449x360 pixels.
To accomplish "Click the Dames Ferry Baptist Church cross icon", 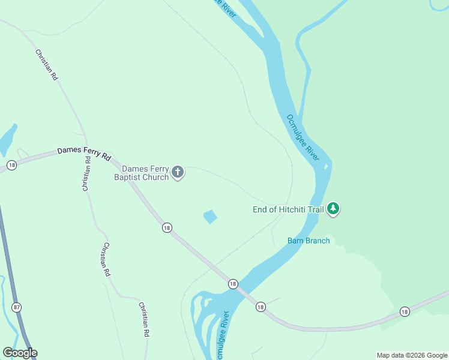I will click(177, 173).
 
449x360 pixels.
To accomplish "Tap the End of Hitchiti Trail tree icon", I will click(333, 209).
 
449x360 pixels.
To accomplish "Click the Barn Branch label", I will click(309, 241).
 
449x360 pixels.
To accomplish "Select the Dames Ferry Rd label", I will click(85, 154).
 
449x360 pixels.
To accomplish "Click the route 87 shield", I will click(16, 307).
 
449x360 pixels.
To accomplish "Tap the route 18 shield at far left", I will click(11, 164).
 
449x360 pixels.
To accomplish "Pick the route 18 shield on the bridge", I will click(233, 283).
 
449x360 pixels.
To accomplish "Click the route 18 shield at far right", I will click(405, 311).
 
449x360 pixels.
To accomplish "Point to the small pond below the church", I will click(210, 216).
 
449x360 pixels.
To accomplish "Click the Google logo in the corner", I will click(20, 352).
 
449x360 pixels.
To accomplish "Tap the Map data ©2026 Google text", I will click(412, 355).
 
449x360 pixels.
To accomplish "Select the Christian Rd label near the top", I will click(46, 65).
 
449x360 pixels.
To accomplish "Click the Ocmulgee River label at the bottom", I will click(221, 336).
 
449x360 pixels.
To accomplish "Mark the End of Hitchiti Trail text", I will click(288, 209).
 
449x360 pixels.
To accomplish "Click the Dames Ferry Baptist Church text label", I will click(142, 173).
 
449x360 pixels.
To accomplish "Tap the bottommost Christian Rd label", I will click(143, 319).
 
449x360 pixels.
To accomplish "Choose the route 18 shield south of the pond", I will click(167, 227).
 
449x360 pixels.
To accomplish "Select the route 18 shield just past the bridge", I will click(260, 307).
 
